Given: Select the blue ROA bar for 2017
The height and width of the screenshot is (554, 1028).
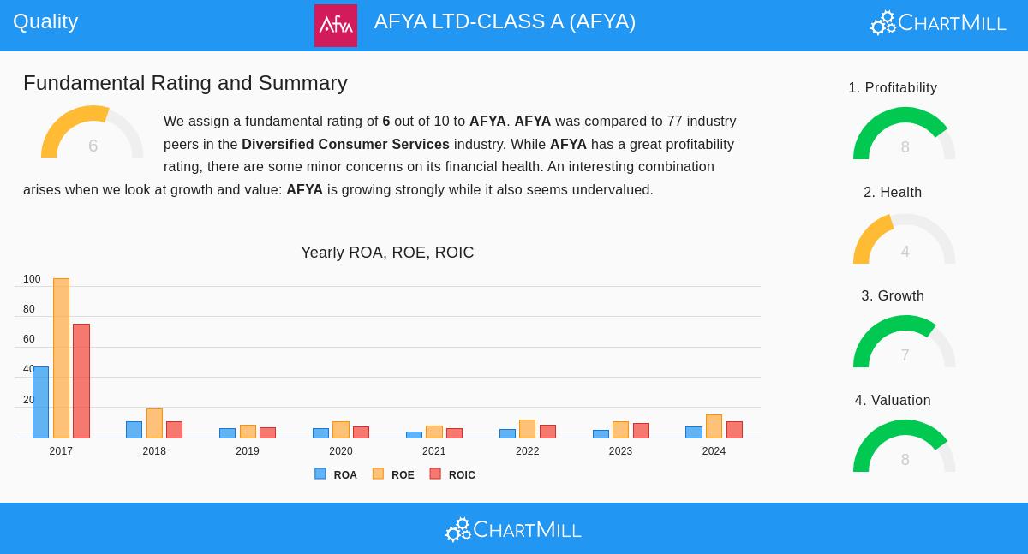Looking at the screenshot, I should coord(40,402).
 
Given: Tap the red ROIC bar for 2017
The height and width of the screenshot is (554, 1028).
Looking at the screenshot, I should coord(81,381).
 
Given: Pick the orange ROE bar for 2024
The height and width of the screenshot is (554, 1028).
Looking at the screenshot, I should coord(714,426).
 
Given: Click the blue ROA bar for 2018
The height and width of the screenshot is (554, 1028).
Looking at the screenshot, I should coord(134,430).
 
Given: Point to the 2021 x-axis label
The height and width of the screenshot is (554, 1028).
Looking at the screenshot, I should coord(433,451).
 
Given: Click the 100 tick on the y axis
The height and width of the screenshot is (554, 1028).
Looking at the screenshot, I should coord(32,279).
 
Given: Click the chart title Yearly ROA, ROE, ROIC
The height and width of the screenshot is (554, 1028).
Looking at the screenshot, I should coord(387,253).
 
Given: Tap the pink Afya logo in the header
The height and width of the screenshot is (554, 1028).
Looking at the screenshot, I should coord(336,26).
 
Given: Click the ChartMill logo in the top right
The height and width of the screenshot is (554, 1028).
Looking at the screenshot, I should coord(938,23).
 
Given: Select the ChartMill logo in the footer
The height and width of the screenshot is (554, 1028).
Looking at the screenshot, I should coord(513,530).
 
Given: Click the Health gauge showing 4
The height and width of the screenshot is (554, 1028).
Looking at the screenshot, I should coord(905,241).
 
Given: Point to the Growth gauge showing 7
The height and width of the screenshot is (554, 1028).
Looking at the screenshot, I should coord(905,344).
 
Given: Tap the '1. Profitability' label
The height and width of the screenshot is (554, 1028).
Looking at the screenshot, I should coord(893,88).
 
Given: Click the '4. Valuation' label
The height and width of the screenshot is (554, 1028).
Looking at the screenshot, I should coord(893,401).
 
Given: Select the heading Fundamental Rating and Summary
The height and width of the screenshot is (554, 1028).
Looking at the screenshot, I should coord(185,83).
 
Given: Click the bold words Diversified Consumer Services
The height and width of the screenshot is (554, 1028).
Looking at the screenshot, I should coord(345,145).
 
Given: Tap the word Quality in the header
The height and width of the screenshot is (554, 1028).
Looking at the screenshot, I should coord(45,21).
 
